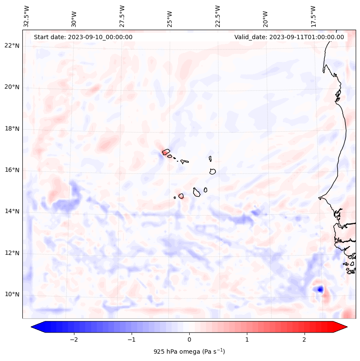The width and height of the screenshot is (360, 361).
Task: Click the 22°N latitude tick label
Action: (12, 46)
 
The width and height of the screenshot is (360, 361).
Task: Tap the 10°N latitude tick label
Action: (12, 294)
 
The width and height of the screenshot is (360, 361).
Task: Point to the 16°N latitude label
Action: (12, 170)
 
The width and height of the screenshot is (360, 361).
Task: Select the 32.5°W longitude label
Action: (27, 16)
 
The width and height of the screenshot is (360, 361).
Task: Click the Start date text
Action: (83, 37)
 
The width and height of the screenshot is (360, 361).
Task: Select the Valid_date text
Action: (289, 37)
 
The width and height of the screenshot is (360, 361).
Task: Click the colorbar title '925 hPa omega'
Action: (189, 352)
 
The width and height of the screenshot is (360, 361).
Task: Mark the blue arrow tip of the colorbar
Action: (33, 327)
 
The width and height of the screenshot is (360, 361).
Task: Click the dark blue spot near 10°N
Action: (320, 289)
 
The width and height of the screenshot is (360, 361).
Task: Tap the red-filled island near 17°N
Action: (165, 152)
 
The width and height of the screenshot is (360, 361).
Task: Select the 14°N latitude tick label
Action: (12, 211)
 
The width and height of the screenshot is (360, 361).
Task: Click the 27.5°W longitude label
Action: (122, 16)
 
